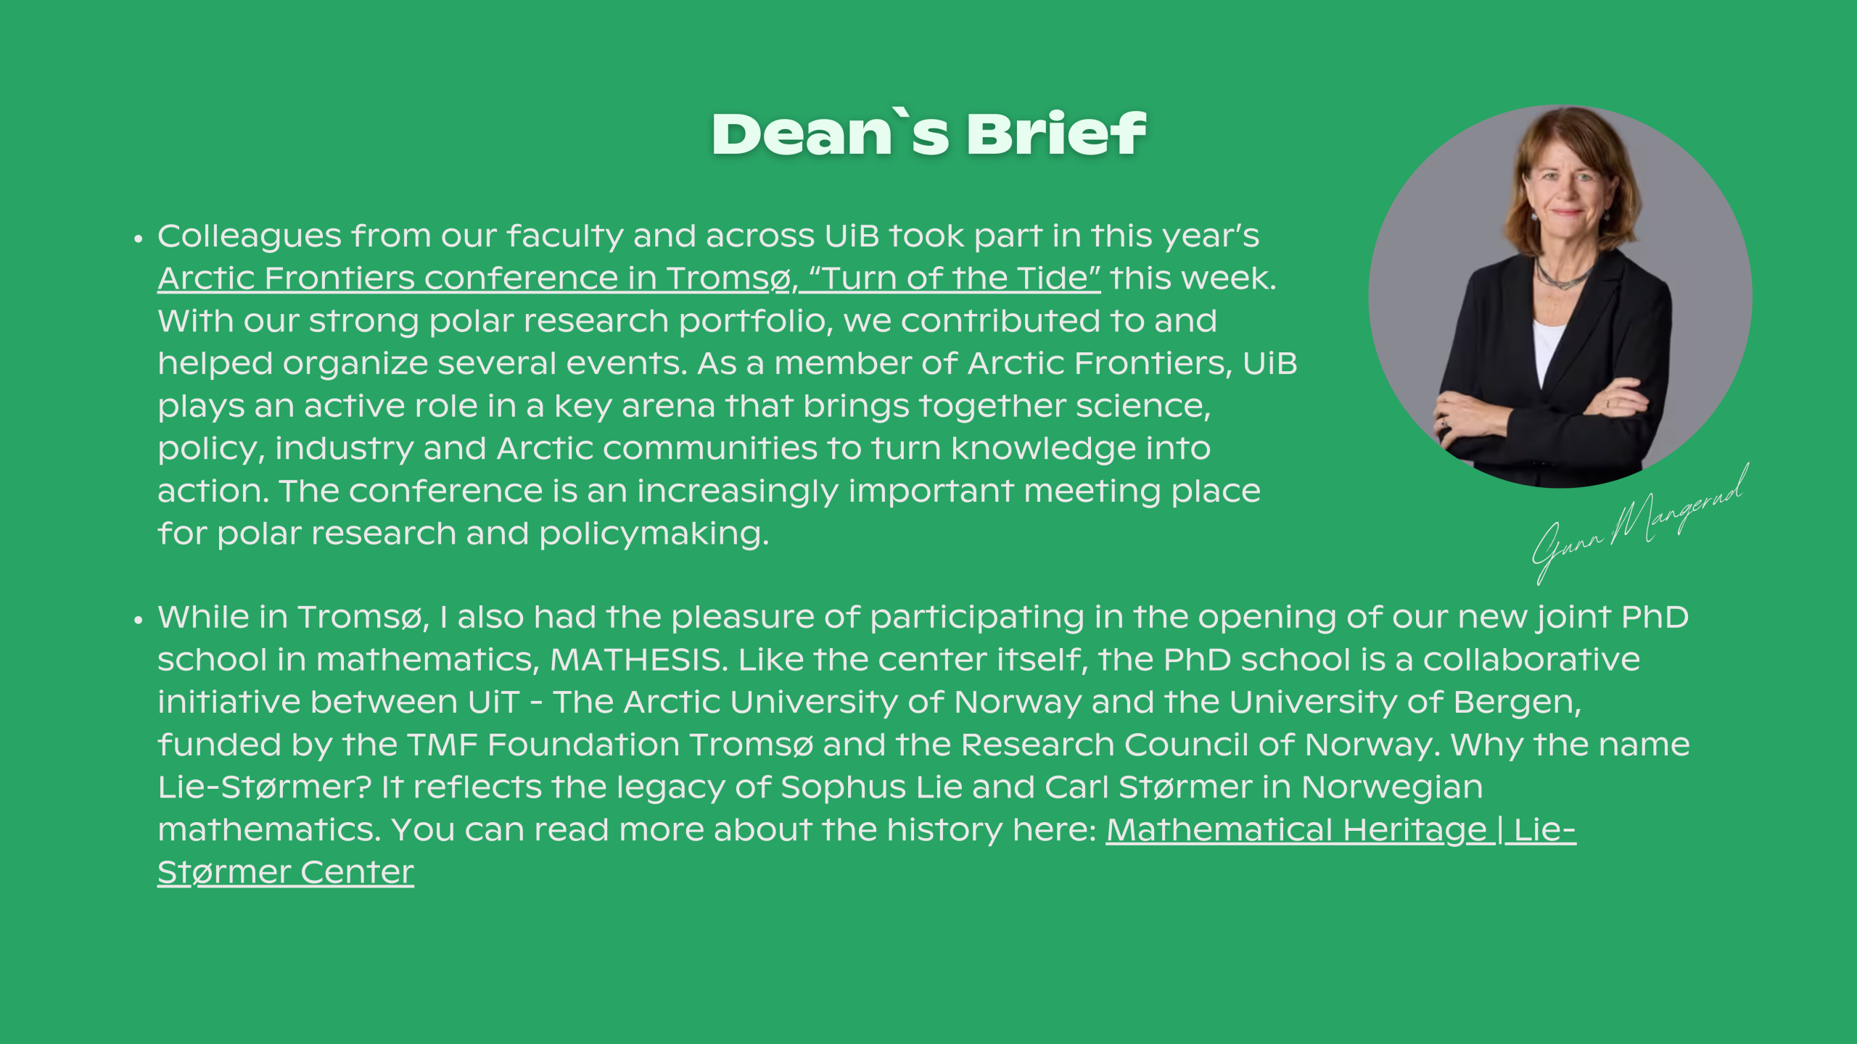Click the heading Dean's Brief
(x=928, y=134)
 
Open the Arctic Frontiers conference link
(x=629, y=278)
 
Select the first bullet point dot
(x=138, y=239)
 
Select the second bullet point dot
(x=138, y=619)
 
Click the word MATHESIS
(x=638, y=660)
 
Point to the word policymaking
(x=654, y=534)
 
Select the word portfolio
(x=755, y=322)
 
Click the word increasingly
(x=737, y=492)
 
